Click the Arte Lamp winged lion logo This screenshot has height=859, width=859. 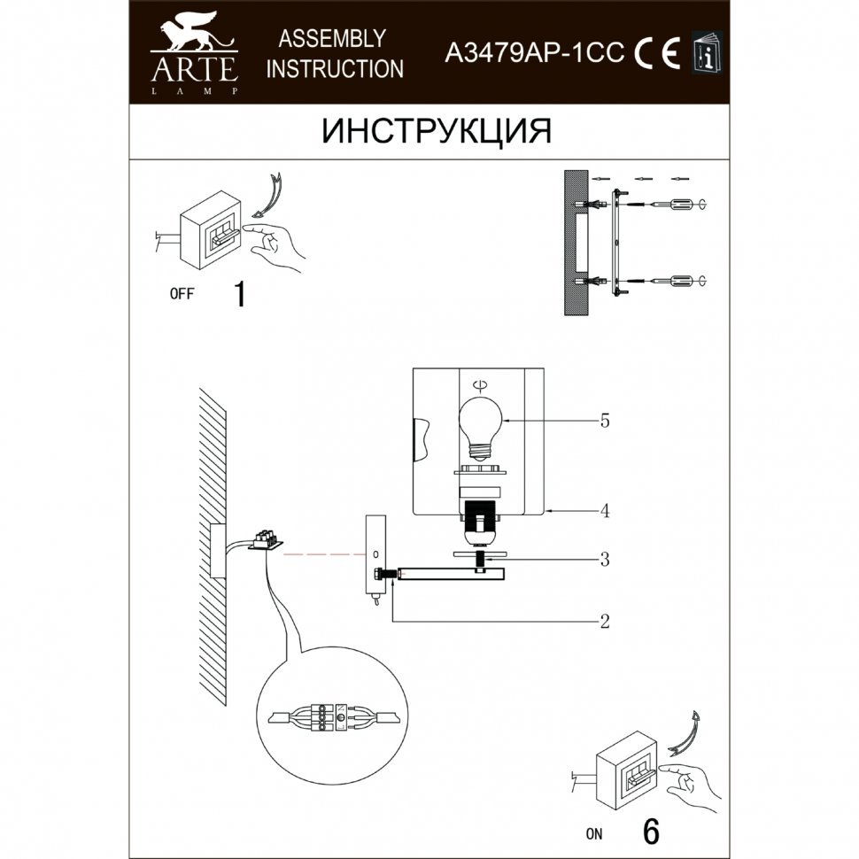[x=194, y=36]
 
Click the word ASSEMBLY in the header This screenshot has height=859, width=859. [x=332, y=39]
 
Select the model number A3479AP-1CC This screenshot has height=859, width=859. [x=534, y=52]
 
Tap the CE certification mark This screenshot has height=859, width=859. [x=657, y=52]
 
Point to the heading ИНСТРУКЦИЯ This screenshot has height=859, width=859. [x=436, y=131]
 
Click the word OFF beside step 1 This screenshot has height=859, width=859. [x=182, y=294]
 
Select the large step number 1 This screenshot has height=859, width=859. [x=240, y=294]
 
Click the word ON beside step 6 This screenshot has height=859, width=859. [x=594, y=834]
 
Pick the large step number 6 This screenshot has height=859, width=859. [x=651, y=832]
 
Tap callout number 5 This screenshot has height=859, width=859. [x=605, y=421]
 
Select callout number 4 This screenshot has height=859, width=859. [x=605, y=511]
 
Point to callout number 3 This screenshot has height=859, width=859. [x=605, y=560]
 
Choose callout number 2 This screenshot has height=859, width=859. [x=605, y=622]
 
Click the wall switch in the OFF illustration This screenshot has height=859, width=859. [x=211, y=229]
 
